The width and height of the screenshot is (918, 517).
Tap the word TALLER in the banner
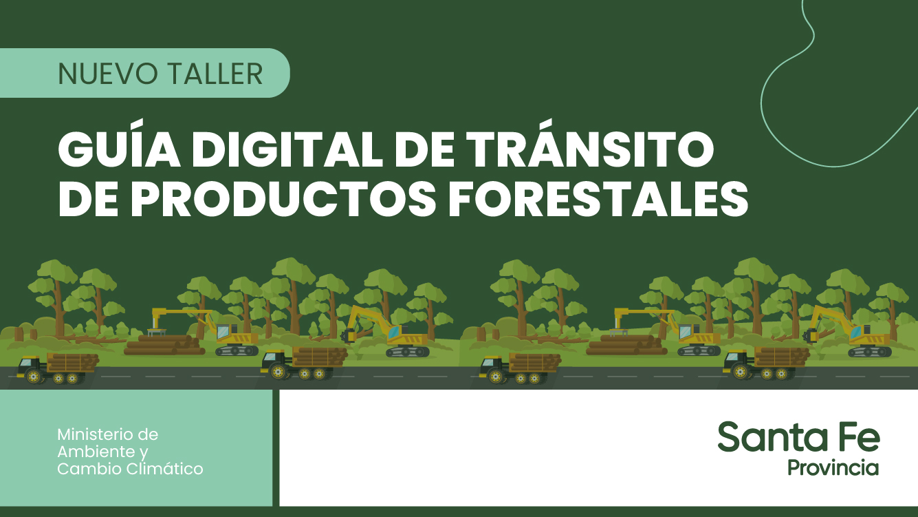tap(216, 74)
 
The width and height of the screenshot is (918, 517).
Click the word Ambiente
tap(96, 452)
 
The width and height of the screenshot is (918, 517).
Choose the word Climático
tap(165, 469)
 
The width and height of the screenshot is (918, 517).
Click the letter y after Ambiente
tap(144, 454)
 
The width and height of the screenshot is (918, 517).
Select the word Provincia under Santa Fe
tap(833, 467)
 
